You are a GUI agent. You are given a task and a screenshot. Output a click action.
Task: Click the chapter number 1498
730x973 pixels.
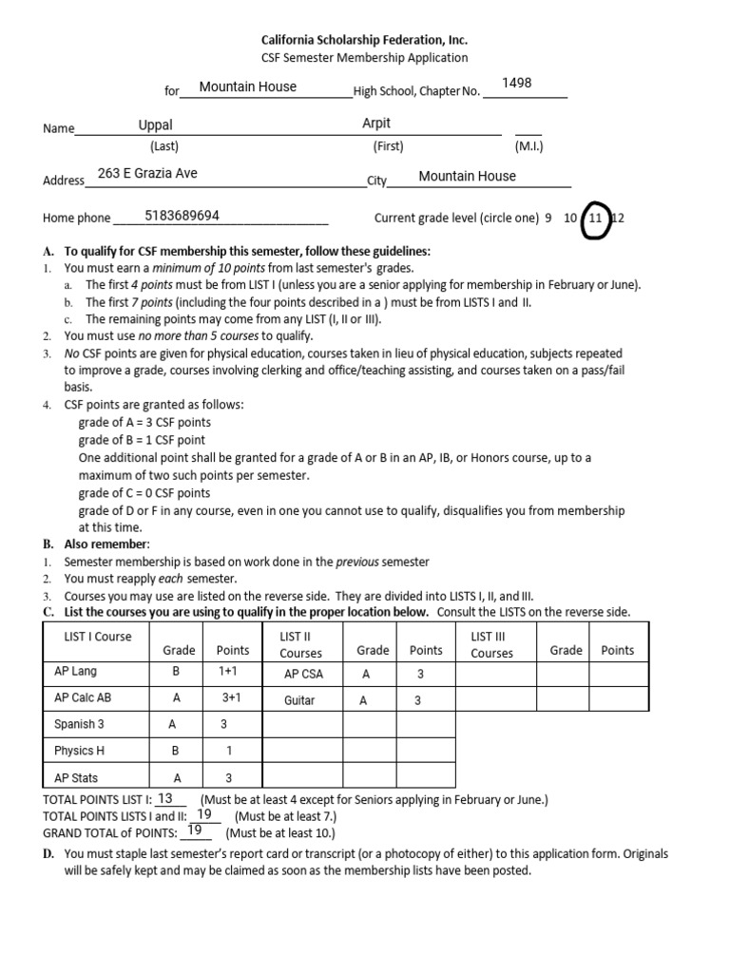(516, 84)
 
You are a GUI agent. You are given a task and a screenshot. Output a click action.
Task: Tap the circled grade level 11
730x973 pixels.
(595, 218)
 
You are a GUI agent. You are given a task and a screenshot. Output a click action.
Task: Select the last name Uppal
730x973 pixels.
(156, 124)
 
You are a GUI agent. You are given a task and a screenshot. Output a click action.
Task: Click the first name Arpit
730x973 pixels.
(376, 124)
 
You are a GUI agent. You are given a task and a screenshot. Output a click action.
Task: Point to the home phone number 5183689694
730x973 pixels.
(182, 216)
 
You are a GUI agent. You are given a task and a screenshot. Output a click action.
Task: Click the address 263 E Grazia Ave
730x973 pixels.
(147, 174)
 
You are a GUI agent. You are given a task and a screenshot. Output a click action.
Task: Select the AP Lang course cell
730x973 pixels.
(76, 672)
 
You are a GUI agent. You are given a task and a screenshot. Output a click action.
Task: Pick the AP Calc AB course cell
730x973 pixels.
(83, 697)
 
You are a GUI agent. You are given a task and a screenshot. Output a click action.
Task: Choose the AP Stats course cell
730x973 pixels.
(77, 777)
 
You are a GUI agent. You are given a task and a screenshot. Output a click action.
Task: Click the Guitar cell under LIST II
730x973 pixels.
(299, 700)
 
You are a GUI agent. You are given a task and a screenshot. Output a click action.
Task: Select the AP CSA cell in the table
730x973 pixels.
(305, 674)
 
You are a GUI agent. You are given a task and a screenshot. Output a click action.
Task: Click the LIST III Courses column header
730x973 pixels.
(491, 644)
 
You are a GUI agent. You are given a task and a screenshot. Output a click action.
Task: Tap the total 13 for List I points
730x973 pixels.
(164, 799)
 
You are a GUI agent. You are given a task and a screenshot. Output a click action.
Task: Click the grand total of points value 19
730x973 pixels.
(196, 830)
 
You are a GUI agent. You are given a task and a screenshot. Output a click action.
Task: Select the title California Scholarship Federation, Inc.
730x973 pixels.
(365, 40)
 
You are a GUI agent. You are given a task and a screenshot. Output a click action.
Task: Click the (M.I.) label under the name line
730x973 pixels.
(528, 146)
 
